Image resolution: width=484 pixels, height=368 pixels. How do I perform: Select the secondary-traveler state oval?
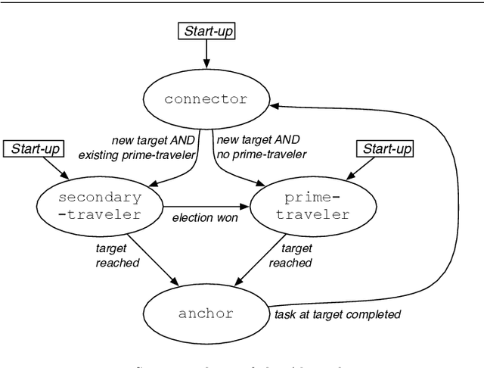(x=99, y=206)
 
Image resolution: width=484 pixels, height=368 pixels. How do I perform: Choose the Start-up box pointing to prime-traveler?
(x=387, y=148)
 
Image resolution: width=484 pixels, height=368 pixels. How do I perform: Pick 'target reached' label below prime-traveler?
(x=296, y=255)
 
